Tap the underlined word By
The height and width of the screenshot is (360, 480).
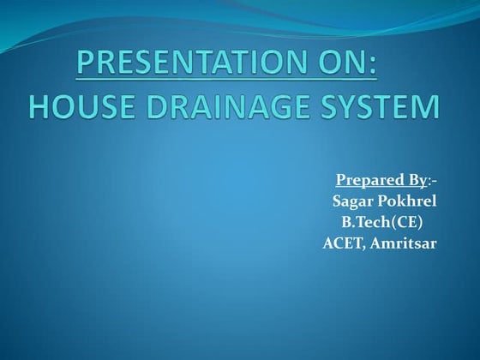pyautogui.click(x=412, y=181)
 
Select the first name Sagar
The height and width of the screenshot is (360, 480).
pyautogui.click(x=351, y=201)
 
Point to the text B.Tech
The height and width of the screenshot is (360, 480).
pyautogui.click(x=365, y=222)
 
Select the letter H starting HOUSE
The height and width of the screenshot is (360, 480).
pyautogui.click(x=39, y=107)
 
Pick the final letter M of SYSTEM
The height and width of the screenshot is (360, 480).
pyautogui.click(x=428, y=107)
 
